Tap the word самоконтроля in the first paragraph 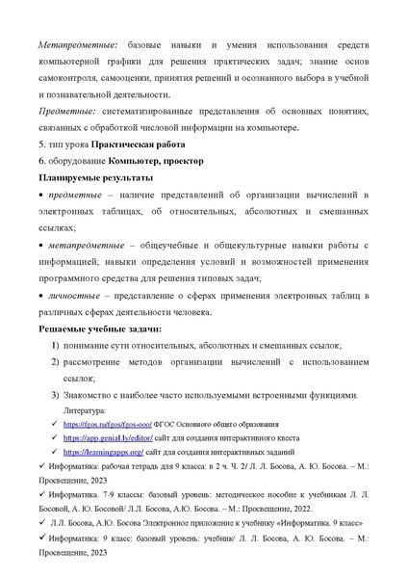(x=72, y=78)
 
